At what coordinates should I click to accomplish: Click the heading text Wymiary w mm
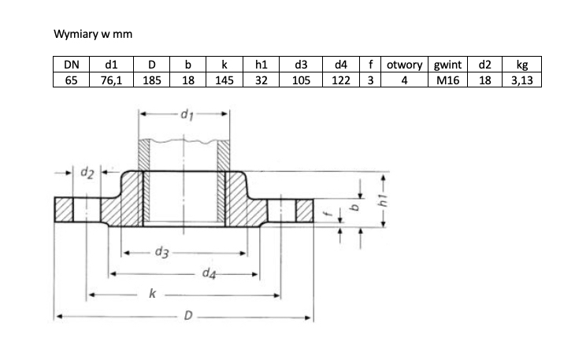pos(87,35)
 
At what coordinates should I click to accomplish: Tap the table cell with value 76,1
pos(110,80)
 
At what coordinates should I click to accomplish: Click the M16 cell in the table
pos(447,80)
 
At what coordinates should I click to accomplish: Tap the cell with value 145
pos(224,80)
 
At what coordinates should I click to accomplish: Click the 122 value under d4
pos(341,80)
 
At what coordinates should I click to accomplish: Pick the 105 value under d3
pos(300,80)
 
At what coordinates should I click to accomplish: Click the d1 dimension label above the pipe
pos(187,116)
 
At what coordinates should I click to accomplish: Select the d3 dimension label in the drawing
pos(161,253)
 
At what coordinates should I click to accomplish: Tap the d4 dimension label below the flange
pos(209,273)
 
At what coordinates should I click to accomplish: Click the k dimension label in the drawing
pos(152,295)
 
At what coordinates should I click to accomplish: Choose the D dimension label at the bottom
pos(188,317)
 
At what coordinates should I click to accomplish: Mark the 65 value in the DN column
pos(71,80)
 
